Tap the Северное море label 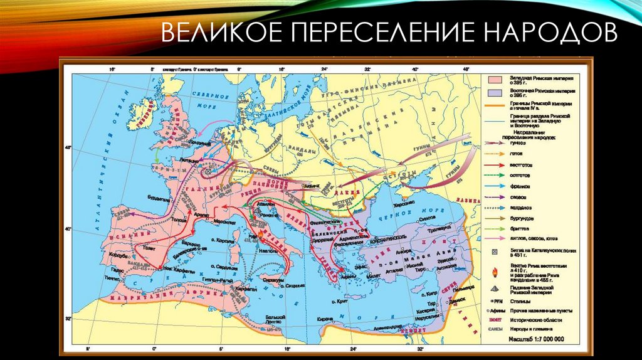pos(212,97)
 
